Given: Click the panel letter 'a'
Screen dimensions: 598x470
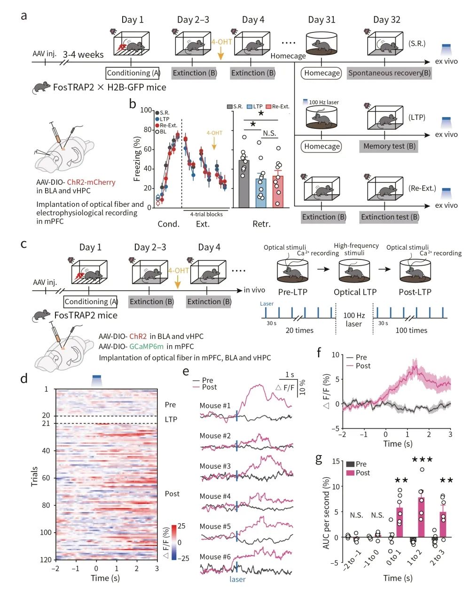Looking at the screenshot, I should [23, 15].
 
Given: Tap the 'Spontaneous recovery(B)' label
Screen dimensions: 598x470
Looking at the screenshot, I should [389, 73].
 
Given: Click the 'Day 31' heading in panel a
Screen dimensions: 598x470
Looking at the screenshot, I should [321, 20].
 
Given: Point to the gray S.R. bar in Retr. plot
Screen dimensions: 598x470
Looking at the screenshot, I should [244, 184].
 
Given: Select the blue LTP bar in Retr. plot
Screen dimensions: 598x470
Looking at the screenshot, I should [261, 193].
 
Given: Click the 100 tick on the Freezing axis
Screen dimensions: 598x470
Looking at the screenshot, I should [147, 110].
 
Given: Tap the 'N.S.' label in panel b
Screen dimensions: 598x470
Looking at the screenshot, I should [269, 134].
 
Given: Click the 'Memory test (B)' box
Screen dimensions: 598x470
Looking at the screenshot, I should [389, 146].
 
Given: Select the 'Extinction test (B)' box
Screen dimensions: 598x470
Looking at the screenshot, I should [390, 217].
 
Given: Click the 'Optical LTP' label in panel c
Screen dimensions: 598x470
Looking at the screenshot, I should [355, 292].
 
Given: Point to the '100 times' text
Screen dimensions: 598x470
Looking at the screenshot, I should [411, 330].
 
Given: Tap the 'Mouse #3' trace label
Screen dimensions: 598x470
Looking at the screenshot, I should [215, 466].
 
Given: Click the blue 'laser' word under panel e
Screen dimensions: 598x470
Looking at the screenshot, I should [237, 579].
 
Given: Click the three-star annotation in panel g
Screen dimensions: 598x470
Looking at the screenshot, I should [422, 460].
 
